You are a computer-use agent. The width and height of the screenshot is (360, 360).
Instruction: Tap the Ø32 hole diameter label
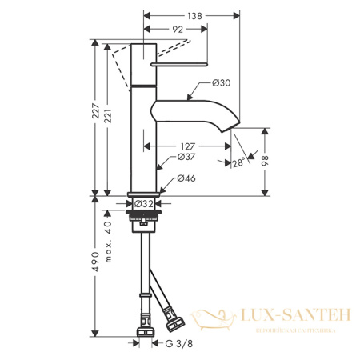144,204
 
